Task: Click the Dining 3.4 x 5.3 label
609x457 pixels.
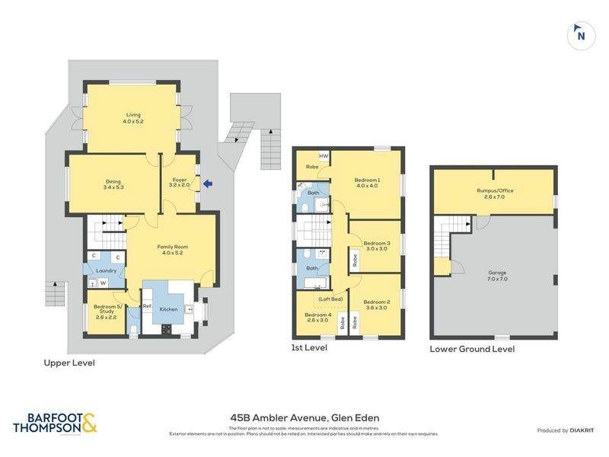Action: (x=113, y=184)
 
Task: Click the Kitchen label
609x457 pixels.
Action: (x=168, y=309)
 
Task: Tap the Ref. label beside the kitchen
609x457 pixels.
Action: (x=148, y=305)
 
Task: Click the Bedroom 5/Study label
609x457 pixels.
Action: (x=106, y=311)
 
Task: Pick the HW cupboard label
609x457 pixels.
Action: (x=324, y=156)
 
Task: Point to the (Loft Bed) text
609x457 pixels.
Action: (x=330, y=299)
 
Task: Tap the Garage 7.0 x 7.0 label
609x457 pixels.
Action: (x=498, y=275)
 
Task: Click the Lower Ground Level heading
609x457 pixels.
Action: (x=472, y=349)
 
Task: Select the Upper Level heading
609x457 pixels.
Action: (x=69, y=363)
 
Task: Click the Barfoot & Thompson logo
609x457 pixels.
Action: (x=55, y=423)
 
